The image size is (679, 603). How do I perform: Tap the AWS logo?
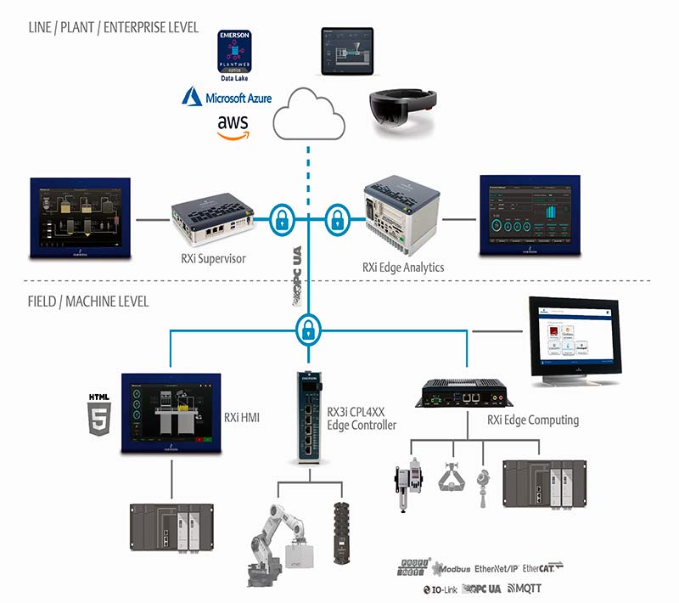point(233,126)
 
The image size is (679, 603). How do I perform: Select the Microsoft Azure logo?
point(227,99)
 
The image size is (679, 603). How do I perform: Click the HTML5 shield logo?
point(98,415)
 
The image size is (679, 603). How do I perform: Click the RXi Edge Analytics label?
point(402,267)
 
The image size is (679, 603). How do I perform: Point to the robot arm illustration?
point(278,534)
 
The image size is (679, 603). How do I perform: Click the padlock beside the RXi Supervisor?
point(281,219)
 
